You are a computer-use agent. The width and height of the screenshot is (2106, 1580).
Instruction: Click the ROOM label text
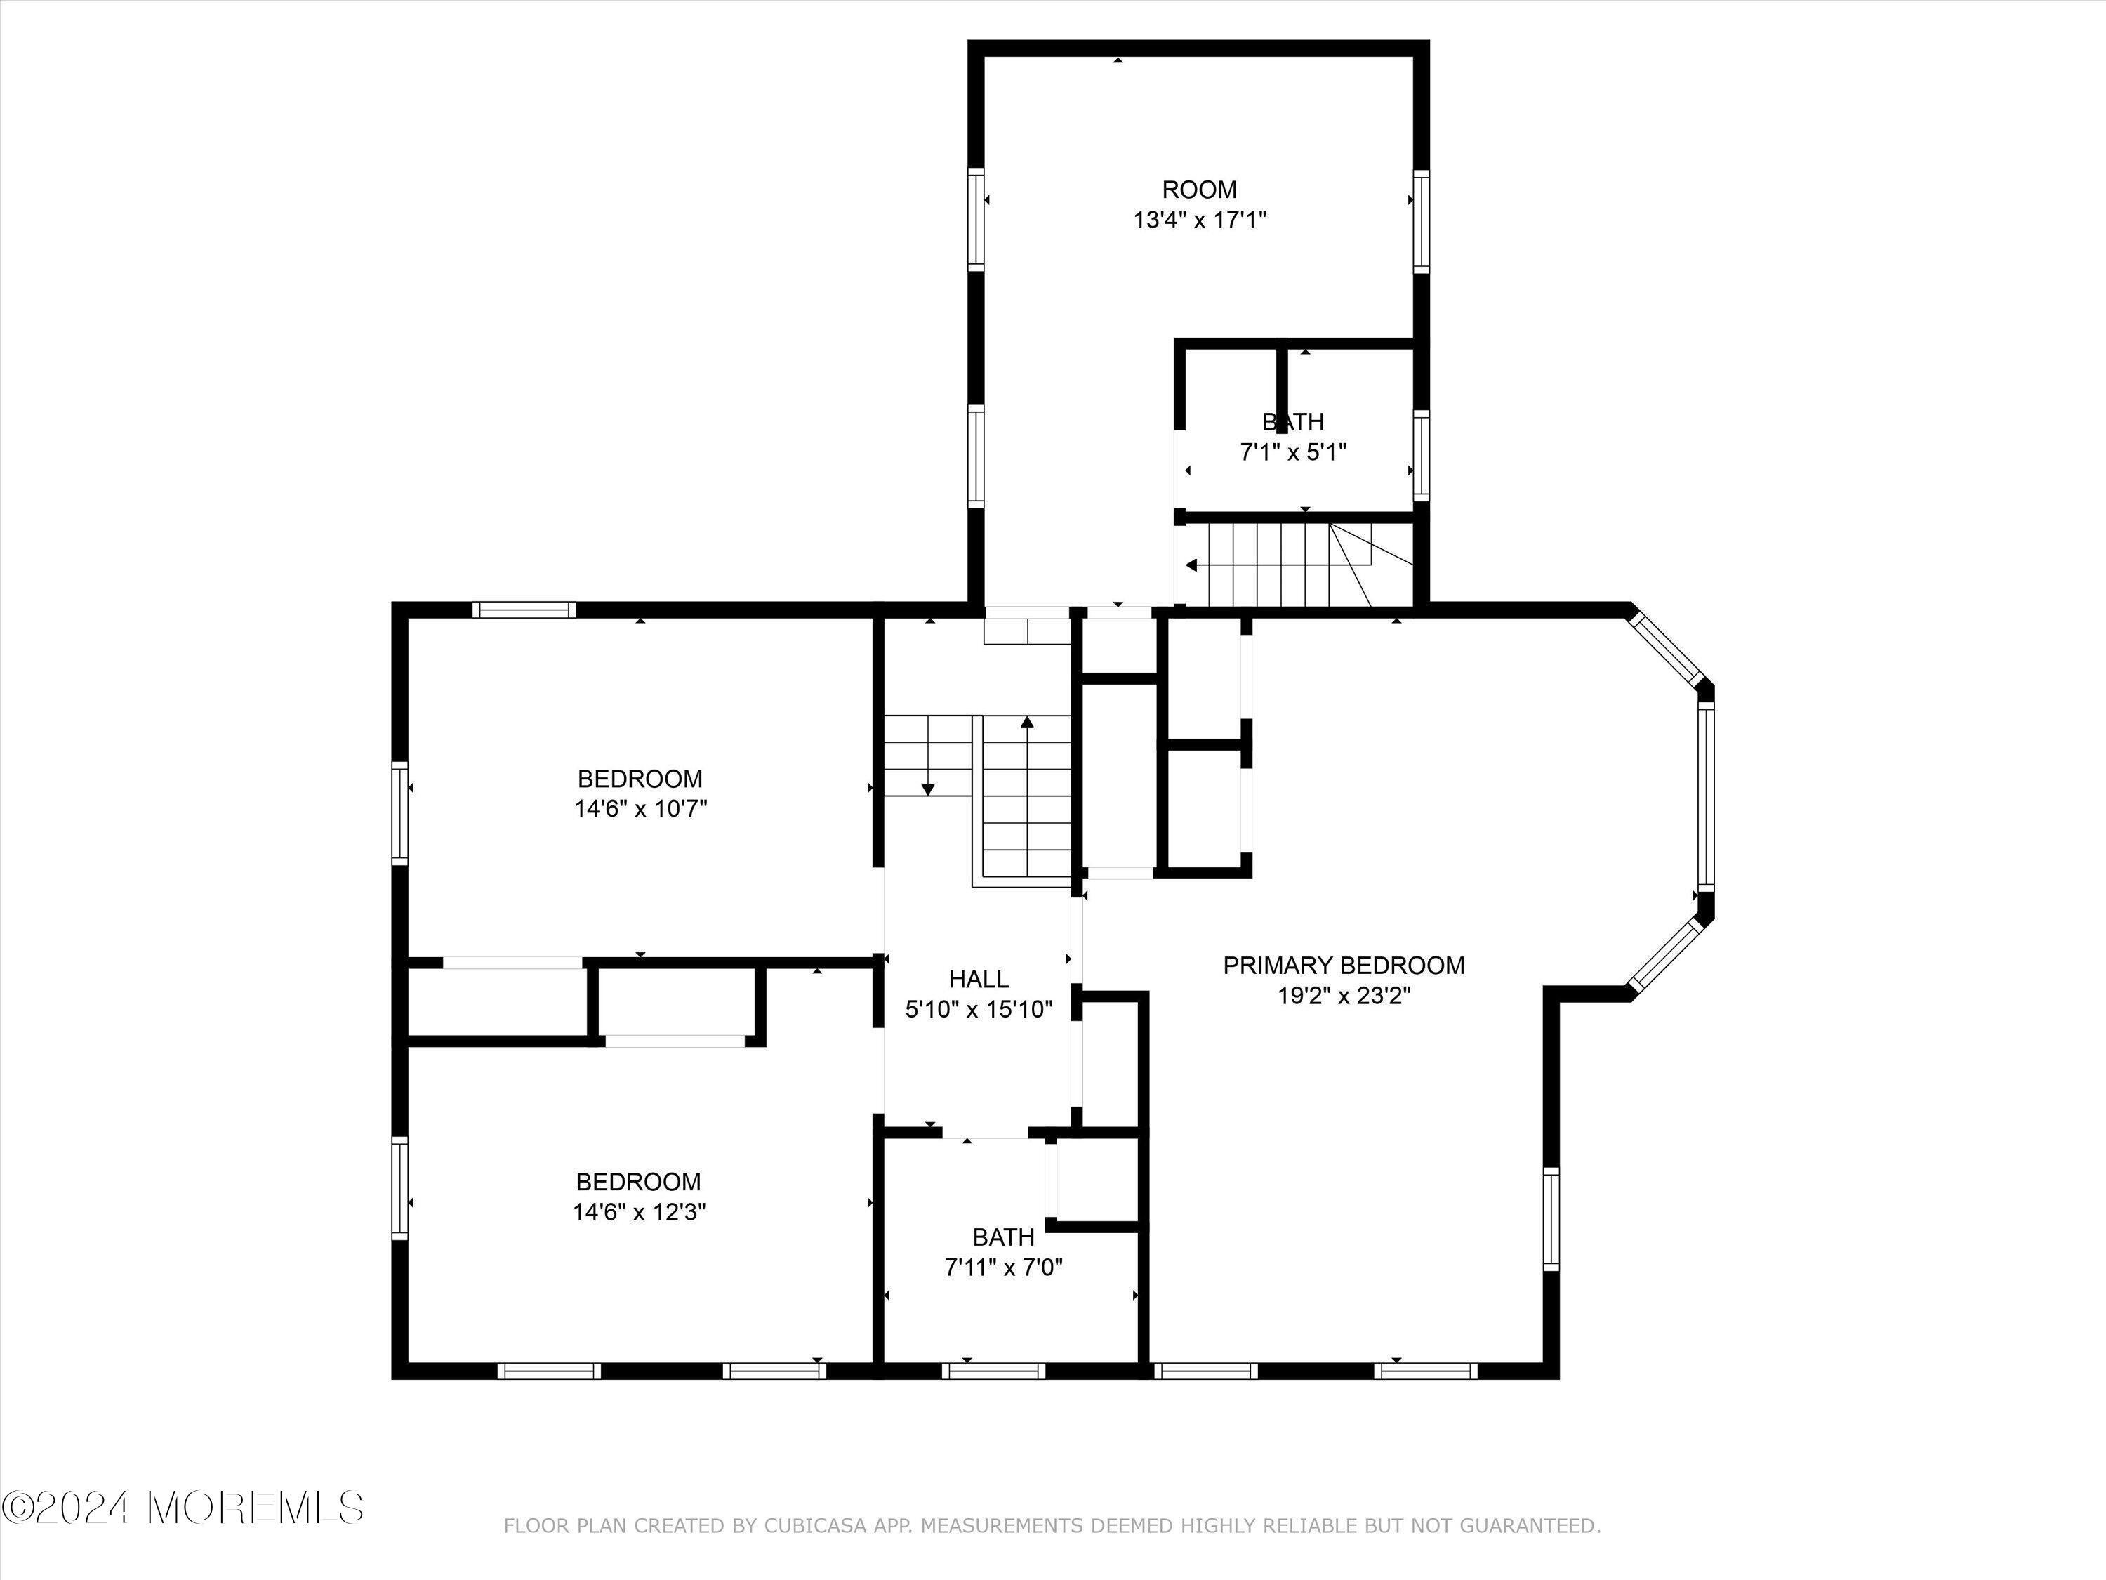click(x=1199, y=190)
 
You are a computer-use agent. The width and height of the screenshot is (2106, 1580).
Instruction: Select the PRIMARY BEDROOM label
click(x=1344, y=966)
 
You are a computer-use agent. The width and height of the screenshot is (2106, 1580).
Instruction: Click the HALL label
click(x=979, y=979)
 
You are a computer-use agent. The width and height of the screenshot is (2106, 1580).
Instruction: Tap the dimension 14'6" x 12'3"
click(x=639, y=1212)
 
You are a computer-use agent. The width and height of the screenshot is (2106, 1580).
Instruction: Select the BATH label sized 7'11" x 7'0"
click(x=1003, y=1237)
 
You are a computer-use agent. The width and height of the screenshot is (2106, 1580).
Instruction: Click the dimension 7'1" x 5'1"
click(x=1293, y=452)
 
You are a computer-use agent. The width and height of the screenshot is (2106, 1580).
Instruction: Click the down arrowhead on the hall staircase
click(x=928, y=789)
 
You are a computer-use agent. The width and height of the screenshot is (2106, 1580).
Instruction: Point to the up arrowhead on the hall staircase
click(x=1027, y=722)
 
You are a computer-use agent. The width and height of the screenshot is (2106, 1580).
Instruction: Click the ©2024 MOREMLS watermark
click(x=183, y=1508)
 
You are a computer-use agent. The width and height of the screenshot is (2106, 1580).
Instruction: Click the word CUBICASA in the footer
click(x=815, y=1526)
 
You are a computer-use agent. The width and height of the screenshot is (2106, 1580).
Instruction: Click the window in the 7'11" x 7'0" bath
click(x=994, y=1371)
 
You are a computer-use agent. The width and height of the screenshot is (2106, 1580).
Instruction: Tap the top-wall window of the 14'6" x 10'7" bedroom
click(x=524, y=610)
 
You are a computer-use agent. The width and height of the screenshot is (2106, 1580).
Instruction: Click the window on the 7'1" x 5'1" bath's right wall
click(x=1421, y=455)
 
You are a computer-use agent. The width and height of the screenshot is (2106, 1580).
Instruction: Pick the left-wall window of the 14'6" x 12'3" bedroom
click(x=400, y=1187)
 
